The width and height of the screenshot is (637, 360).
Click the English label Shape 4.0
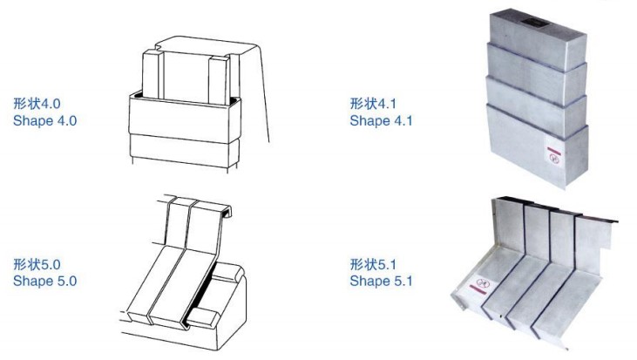point(44,120)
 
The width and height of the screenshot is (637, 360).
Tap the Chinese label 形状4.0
point(37,103)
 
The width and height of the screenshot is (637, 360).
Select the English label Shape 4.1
point(381,120)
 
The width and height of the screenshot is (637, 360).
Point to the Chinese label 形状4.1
point(373,103)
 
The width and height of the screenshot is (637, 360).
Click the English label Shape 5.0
point(44,281)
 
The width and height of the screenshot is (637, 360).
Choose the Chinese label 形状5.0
point(37,264)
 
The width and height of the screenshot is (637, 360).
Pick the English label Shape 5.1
point(381,281)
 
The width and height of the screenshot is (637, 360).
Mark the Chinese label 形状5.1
point(373,264)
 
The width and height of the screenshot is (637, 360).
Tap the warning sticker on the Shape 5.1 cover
point(481,284)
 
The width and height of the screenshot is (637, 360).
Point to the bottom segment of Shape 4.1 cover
point(537,146)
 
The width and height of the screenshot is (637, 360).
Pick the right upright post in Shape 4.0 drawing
point(220,79)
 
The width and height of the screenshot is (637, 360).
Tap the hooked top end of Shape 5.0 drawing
point(226,211)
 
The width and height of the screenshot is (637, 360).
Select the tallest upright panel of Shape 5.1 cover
point(507,224)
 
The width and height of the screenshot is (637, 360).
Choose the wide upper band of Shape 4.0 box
point(185,118)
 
